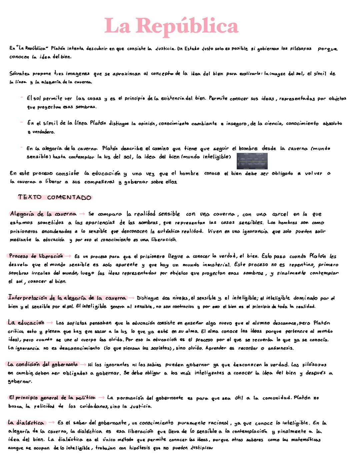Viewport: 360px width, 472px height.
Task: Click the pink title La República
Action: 171,26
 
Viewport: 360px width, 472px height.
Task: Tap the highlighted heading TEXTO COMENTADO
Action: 55,197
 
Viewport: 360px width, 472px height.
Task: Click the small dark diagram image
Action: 252,162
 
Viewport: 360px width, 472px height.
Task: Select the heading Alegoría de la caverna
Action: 43,214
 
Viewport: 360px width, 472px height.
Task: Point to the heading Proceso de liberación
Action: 36,256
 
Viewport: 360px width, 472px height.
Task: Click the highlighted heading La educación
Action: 26,322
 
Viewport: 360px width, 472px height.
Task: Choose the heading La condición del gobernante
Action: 42,364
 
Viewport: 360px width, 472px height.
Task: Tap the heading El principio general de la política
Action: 52,397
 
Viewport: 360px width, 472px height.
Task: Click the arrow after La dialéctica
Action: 51,423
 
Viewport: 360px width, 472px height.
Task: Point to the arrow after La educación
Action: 50,323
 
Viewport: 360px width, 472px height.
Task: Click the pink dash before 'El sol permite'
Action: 22,98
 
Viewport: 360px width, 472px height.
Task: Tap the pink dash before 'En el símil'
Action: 22,123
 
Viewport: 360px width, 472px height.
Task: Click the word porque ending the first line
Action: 327,49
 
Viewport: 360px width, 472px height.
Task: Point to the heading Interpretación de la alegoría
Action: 67,298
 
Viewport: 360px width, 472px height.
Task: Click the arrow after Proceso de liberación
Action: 68,256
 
